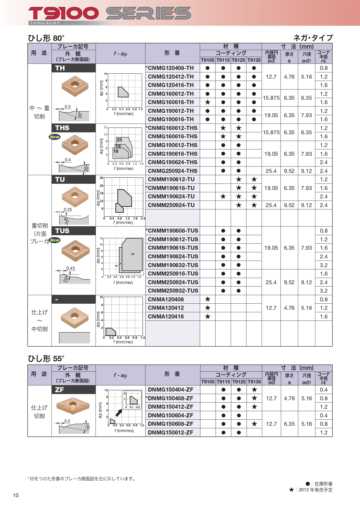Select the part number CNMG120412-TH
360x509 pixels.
point(171,77)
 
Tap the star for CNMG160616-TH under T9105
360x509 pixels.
point(207,102)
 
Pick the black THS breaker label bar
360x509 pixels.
point(74,128)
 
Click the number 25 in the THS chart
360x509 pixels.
point(120,140)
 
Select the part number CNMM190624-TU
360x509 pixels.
point(171,196)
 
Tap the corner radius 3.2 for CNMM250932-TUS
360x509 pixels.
point(323,291)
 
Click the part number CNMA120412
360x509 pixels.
point(166,308)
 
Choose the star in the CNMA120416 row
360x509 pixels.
point(207,316)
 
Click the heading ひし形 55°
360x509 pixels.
point(46,359)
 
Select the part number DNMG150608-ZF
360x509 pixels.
point(171,424)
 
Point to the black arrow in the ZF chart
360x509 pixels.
point(119,412)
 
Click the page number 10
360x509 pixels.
point(16,495)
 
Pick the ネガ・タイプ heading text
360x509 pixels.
point(313,38)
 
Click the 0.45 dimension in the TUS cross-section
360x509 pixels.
point(70,268)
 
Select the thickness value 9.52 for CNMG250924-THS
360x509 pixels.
point(289,171)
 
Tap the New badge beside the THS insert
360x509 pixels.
point(55,137)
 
